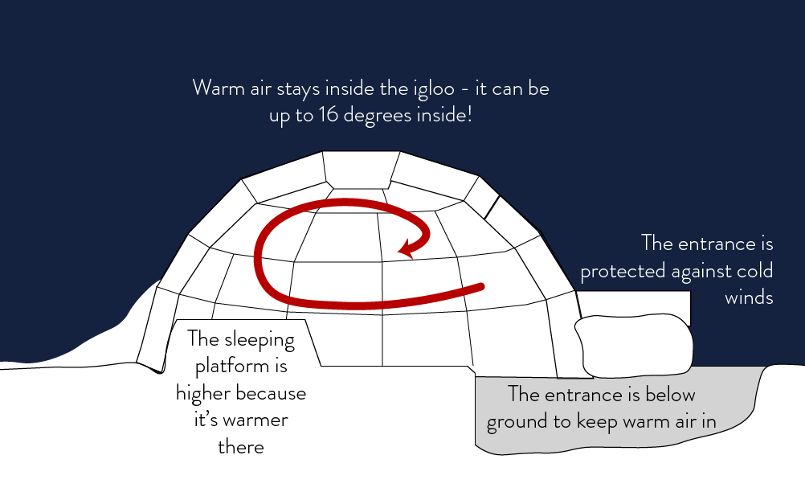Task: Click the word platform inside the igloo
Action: pos(241,367)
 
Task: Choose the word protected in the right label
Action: pos(623,271)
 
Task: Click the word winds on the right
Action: pos(749,297)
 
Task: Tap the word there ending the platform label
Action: pos(241,447)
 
